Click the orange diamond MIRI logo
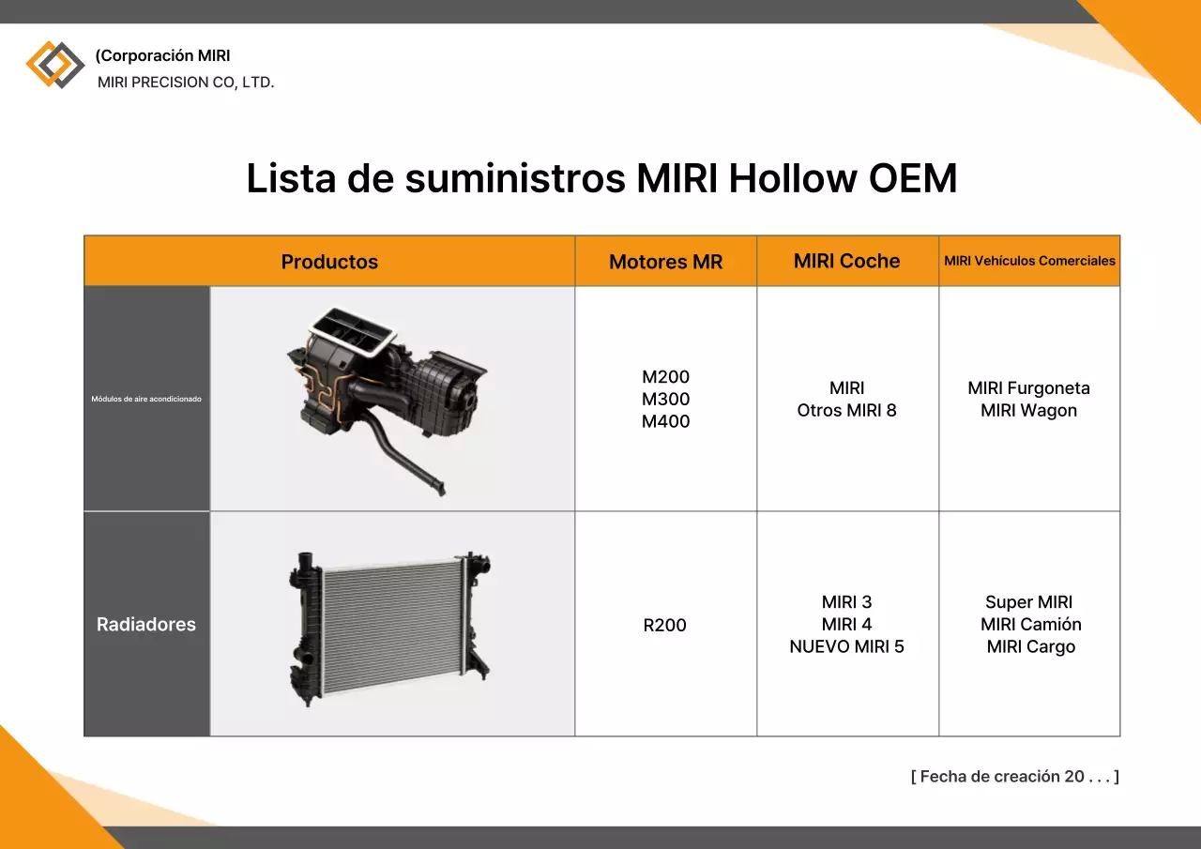pos(54,65)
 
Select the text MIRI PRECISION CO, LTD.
pos(186,83)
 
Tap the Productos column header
pos(329,262)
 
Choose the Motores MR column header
pos(665,262)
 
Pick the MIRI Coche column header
pos(846,261)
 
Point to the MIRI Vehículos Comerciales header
pos(1029,261)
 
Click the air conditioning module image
pos(388,398)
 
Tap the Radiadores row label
pos(146,624)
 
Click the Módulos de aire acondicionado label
pos(146,399)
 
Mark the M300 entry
pos(665,399)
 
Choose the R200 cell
pos(664,625)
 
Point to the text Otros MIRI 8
pos(846,410)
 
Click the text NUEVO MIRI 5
pos(846,646)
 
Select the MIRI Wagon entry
pos(1028,410)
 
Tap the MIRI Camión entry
pos(1030,624)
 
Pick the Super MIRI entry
pos(1028,602)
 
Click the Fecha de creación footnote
pos(1014,776)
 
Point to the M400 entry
pos(665,421)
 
